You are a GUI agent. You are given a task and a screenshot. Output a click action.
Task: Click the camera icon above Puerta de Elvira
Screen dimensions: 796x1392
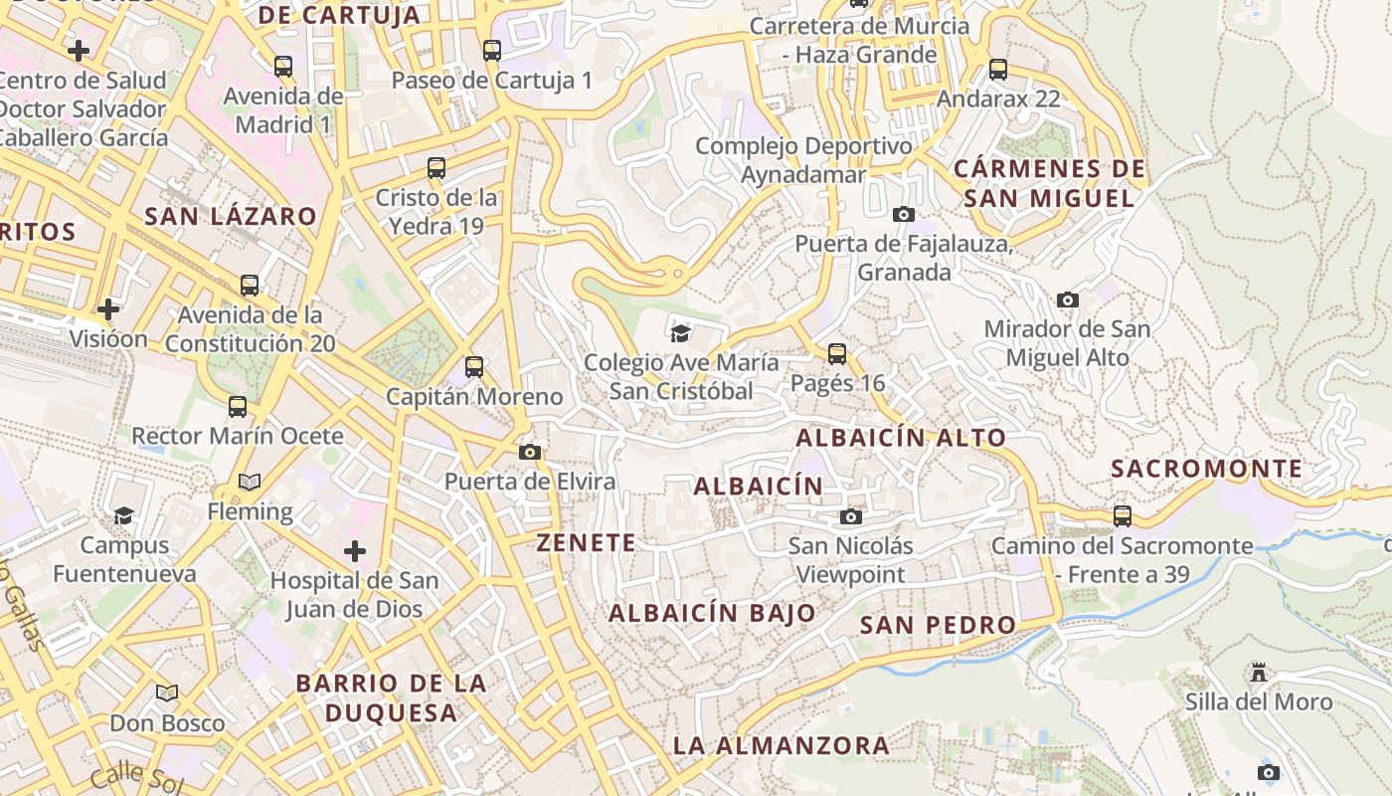[x=530, y=453]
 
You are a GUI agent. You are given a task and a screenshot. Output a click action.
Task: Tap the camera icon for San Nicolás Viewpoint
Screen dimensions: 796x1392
[x=850, y=516]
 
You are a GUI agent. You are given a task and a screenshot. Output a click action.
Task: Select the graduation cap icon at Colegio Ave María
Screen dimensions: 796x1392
[x=680, y=332]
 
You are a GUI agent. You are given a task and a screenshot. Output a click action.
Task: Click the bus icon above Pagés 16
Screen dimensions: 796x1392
[x=837, y=353]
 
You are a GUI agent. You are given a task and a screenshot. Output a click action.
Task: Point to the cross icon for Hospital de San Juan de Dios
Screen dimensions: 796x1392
[x=355, y=550]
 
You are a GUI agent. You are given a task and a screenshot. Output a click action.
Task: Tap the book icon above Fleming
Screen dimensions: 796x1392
[x=250, y=483]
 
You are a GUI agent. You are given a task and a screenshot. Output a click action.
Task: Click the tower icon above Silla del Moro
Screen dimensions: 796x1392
[x=1259, y=673]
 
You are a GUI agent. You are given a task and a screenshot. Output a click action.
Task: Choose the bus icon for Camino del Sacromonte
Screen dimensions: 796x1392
[x=1123, y=515]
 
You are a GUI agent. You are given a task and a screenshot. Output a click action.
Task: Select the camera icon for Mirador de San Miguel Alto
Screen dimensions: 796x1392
[x=1067, y=299]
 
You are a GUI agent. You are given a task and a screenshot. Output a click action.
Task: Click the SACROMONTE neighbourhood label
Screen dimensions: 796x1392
[x=1206, y=469]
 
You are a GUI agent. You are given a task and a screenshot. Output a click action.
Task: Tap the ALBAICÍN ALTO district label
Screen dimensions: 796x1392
[x=901, y=437]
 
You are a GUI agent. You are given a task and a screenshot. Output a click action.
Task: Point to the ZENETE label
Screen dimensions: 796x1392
[x=586, y=542]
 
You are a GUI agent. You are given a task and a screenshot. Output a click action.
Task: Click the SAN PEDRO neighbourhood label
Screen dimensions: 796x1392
[x=938, y=625]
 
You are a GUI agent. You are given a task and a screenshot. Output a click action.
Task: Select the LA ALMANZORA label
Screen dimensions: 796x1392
[x=781, y=745]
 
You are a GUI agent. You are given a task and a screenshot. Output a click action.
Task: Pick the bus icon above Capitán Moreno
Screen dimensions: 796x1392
[x=474, y=367]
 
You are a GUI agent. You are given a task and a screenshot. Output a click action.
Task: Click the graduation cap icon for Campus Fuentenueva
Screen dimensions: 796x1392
[x=123, y=515]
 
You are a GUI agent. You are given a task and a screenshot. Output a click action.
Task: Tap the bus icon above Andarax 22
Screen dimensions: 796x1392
[x=998, y=70]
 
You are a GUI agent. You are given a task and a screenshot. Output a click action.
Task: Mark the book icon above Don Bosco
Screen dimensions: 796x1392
[x=167, y=693]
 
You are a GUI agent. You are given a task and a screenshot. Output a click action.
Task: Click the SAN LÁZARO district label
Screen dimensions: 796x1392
[x=231, y=216]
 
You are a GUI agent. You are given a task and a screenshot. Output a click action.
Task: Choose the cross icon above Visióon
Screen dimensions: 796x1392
[x=108, y=309]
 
